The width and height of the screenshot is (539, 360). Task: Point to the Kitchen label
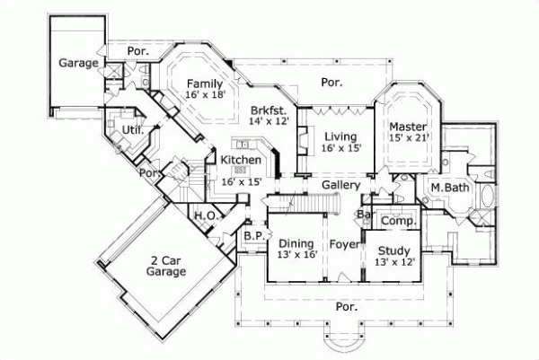point(242,160)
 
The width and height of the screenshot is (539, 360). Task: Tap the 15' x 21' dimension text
point(409,138)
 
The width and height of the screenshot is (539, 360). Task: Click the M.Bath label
point(446,187)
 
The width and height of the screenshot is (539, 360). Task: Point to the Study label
point(393,250)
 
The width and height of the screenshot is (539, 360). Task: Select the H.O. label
point(204,215)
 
